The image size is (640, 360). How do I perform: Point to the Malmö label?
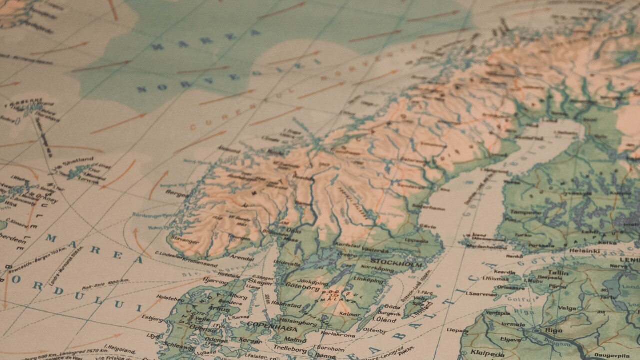coord(295,340)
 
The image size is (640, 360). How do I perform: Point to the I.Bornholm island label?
coord(329,348)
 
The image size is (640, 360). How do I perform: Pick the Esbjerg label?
coord(152,317)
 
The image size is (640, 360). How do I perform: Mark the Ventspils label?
coord(498,313)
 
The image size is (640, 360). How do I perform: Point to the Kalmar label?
coord(349,314)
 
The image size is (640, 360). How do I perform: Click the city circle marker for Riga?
coord(536,331)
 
